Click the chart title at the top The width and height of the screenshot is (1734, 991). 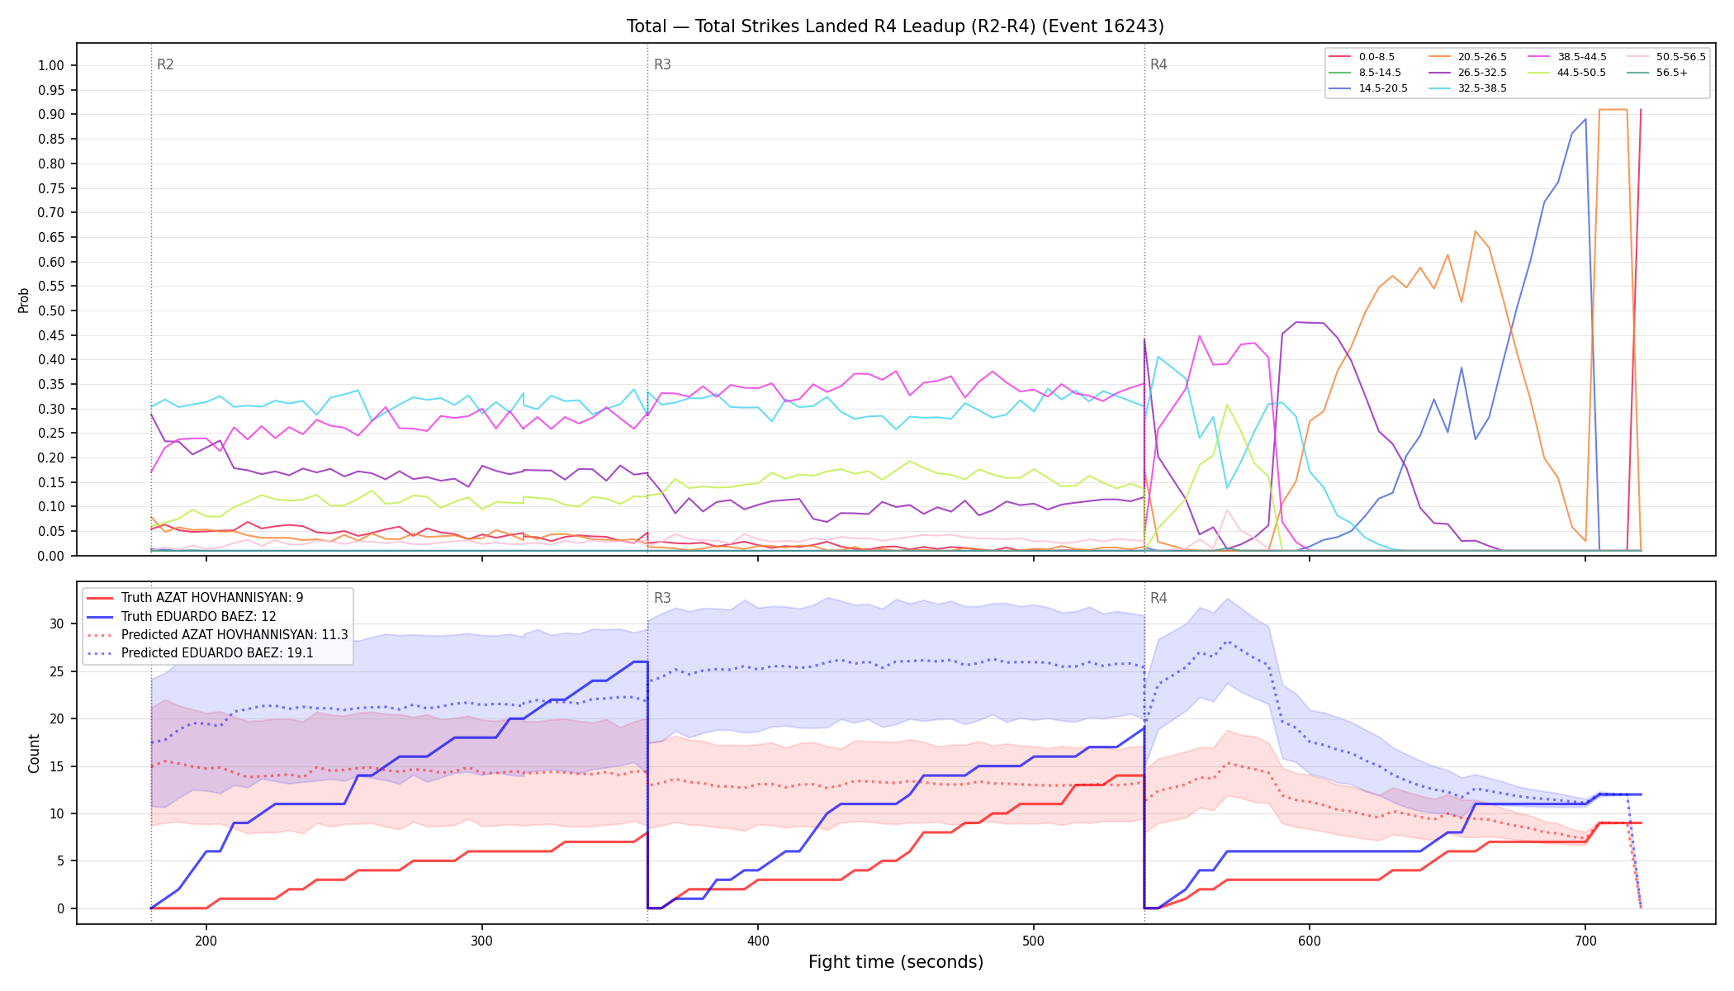coord(895,26)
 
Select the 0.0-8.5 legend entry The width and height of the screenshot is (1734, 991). coord(1362,57)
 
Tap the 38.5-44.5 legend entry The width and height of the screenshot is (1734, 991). coord(1567,57)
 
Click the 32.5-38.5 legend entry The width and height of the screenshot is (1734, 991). coord(1467,88)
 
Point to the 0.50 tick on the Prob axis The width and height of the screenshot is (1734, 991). coord(51,311)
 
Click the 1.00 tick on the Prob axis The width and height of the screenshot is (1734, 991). coord(51,65)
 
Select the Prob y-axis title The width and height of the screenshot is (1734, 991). coord(23,300)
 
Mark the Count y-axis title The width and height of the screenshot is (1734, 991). coord(34,753)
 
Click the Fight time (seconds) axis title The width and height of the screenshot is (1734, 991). coord(896,962)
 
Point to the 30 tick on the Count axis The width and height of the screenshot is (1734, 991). coord(57,624)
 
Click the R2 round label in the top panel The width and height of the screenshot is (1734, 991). coord(165,64)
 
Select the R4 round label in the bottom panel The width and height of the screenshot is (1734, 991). coord(1158,598)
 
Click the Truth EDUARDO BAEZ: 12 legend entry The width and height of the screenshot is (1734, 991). coord(182,616)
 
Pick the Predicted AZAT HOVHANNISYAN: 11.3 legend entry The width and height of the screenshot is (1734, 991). coord(217,634)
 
